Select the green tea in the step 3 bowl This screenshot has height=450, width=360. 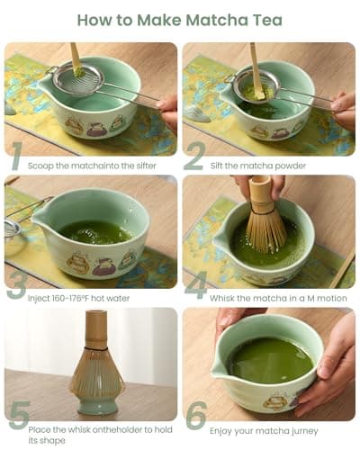coord(94,232)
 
